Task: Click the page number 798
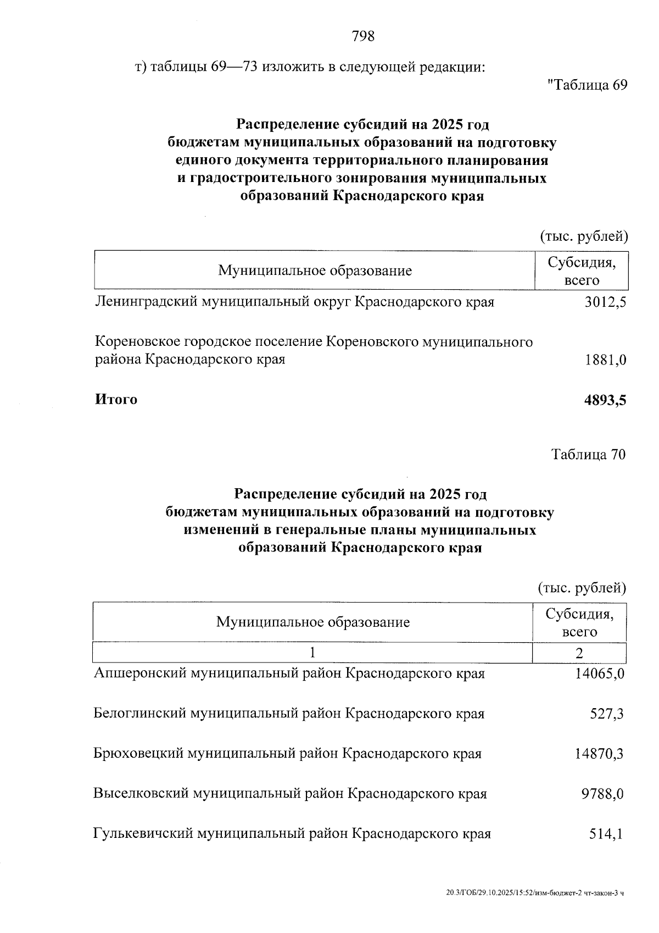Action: coord(363,36)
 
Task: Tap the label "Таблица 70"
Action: coord(588,455)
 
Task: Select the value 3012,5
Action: coord(605,302)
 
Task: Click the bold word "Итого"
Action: coord(116,399)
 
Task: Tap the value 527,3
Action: coord(606,714)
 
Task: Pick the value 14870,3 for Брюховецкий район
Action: coord(599,754)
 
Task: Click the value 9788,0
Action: coord(602,794)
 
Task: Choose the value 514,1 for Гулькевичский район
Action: coord(606,834)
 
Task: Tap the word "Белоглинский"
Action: coord(140,714)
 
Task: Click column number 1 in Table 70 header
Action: coord(312,653)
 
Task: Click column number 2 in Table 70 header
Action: coord(579,653)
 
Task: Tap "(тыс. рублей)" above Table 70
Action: coord(582,588)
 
